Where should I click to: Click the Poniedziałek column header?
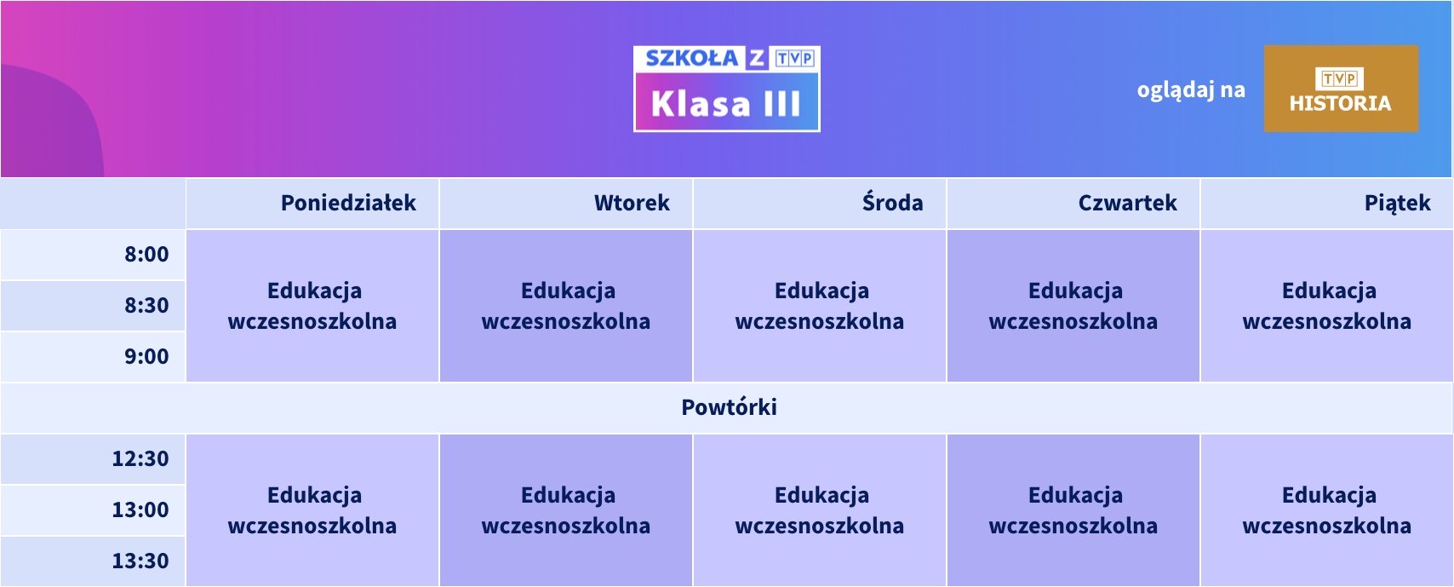pyautogui.click(x=348, y=204)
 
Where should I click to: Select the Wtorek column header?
pyautogui.click(x=632, y=204)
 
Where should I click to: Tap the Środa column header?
pyautogui.click(x=892, y=203)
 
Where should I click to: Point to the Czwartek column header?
pyautogui.click(x=1127, y=204)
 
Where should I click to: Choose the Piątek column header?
pyautogui.click(x=1398, y=204)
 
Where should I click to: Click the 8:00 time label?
pyautogui.click(x=146, y=254)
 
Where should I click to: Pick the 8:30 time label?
pyautogui.click(x=146, y=305)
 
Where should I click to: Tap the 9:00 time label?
pyautogui.click(x=146, y=356)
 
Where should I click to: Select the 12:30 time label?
pyautogui.click(x=140, y=459)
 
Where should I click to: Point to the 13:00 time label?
pyautogui.click(x=140, y=509)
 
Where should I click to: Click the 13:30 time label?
pyautogui.click(x=140, y=561)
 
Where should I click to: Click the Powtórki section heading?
pyautogui.click(x=729, y=407)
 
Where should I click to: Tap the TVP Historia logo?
pyautogui.click(x=1341, y=89)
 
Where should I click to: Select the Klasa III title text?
pyautogui.click(x=726, y=103)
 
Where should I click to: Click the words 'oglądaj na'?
pyautogui.click(x=1191, y=90)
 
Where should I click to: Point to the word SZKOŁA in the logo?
pyautogui.click(x=692, y=59)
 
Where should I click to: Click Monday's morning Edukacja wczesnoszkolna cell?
pyautogui.click(x=313, y=306)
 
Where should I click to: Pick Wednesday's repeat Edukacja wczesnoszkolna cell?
pyautogui.click(x=820, y=510)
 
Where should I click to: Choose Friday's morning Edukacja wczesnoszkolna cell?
pyautogui.click(x=1327, y=306)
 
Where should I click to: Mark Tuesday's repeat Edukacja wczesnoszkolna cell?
pyautogui.click(x=566, y=510)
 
